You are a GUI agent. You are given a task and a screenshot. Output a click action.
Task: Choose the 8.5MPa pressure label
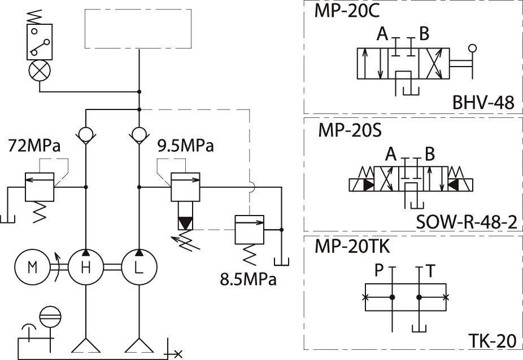point(249,279)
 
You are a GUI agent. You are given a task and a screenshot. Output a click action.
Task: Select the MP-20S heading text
point(350,130)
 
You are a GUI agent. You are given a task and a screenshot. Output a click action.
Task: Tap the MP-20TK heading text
point(354,247)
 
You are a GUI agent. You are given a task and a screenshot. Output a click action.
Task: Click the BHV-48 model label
point(483,103)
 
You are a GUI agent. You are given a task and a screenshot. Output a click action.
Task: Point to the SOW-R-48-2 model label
point(466,222)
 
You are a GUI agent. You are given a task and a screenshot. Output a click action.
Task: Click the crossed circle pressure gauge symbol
point(39,71)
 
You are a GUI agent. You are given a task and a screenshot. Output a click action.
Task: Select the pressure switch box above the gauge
point(40,42)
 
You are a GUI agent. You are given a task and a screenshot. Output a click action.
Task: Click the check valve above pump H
point(86,135)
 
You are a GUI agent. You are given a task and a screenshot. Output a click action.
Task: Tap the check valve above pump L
point(138,135)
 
